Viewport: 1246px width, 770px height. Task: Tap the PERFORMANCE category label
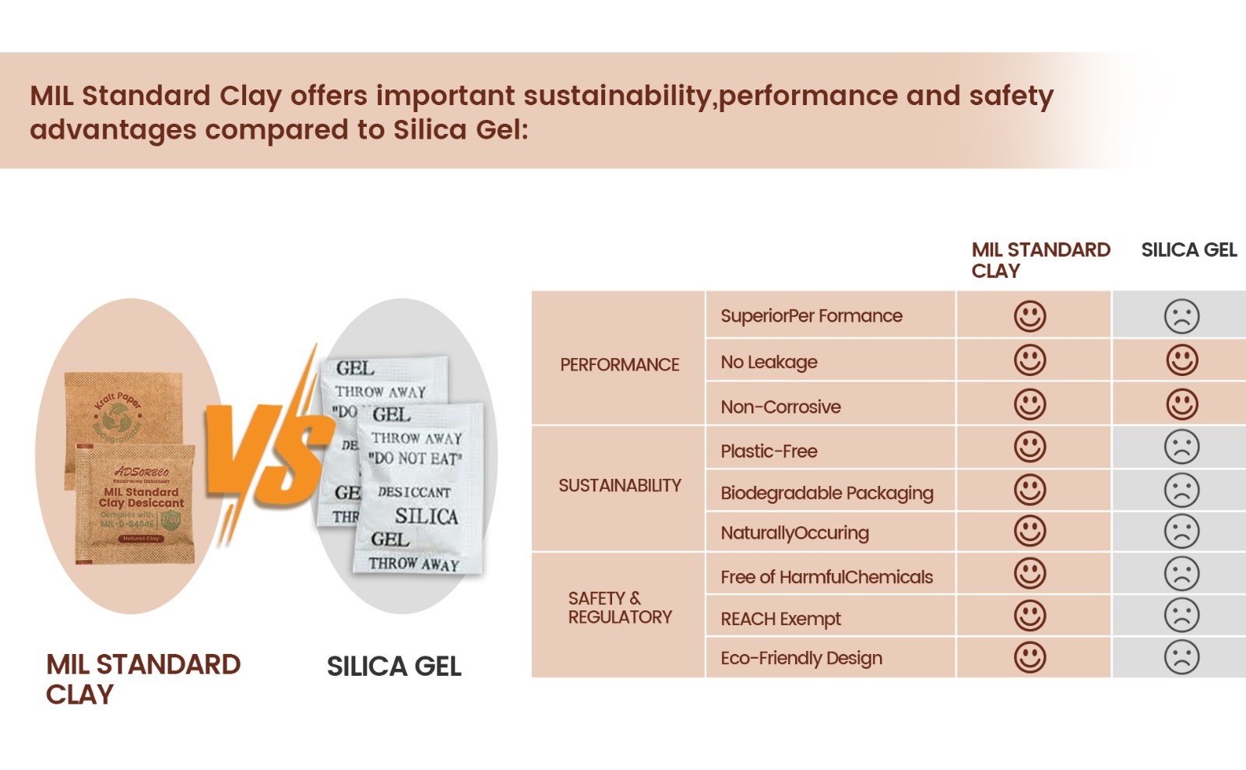[x=619, y=364]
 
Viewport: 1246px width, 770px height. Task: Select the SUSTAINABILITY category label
[x=619, y=486]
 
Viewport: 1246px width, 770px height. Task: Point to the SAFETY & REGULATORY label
[x=619, y=608]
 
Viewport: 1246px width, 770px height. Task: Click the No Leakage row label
[x=769, y=362]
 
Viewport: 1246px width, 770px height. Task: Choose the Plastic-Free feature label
[x=769, y=451]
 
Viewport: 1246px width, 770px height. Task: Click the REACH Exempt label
[x=780, y=619]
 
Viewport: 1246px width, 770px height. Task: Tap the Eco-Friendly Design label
[x=801, y=659]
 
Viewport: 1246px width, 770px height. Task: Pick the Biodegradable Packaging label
[x=826, y=493]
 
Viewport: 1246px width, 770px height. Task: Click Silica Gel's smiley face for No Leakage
[x=1181, y=360]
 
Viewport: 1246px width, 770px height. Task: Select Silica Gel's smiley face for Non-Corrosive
[x=1181, y=404]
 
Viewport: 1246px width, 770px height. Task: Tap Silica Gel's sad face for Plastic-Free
[x=1181, y=448]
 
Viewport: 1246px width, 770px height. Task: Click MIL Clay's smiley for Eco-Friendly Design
[x=1030, y=657]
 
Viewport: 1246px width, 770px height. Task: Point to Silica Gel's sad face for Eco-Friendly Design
[x=1181, y=657]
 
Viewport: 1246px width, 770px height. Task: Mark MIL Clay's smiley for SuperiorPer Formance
[x=1030, y=316]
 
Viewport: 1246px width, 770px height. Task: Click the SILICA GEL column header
[x=1188, y=250]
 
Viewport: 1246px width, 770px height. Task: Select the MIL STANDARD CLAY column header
[x=1040, y=260]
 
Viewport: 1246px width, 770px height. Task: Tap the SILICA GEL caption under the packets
[x=394, y=666]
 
